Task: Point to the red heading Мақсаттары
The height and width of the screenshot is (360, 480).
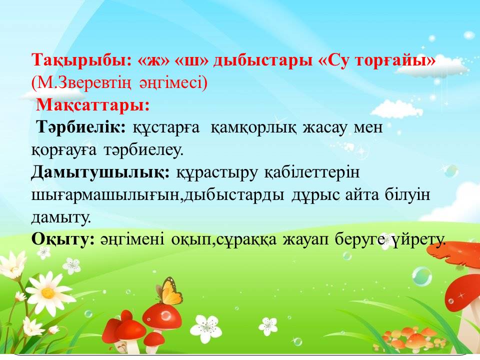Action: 93,105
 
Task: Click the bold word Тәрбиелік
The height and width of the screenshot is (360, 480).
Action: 81,126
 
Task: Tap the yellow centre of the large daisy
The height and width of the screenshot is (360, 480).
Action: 48,292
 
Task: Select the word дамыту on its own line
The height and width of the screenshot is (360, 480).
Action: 61,217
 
